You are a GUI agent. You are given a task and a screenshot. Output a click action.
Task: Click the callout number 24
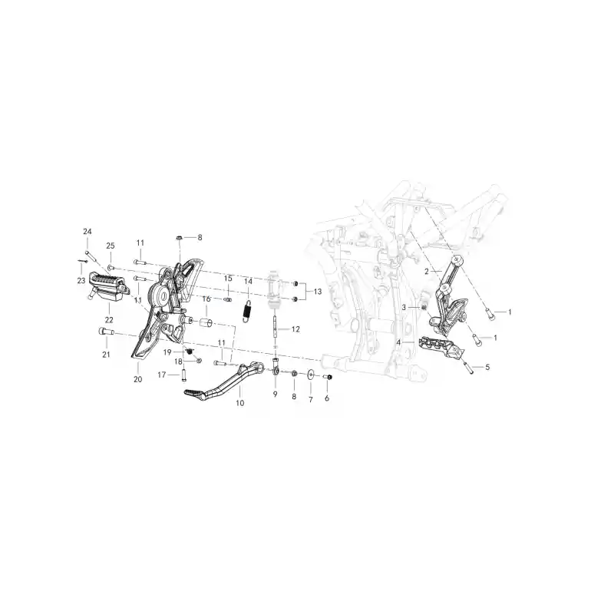tap(87, 232)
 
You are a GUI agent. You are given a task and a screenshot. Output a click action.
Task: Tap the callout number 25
tap(111, 246)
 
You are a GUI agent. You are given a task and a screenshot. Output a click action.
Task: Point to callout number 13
tap(318, 292)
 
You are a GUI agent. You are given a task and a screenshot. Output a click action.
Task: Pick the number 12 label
tap(295, 329)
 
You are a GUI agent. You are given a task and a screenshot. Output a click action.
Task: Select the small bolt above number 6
tap(328, 377)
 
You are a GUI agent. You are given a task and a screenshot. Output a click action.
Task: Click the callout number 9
tap(276, 394)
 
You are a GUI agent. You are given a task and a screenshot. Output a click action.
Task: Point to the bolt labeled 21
tap(105, 332)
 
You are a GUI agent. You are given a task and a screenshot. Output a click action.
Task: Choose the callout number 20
tap(138, 379)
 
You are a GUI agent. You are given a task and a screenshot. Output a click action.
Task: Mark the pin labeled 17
tap(183, 375)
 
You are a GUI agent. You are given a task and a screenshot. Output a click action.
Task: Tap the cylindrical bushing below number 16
tap(206, 324)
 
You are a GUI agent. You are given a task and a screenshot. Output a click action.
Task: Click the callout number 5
tap(487, 368)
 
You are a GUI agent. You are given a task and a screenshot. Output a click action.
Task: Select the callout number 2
tap(427, 272)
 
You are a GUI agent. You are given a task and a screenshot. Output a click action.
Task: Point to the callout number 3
tap(404, 308)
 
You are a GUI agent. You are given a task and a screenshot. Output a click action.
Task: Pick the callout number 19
tap(167, 352)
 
